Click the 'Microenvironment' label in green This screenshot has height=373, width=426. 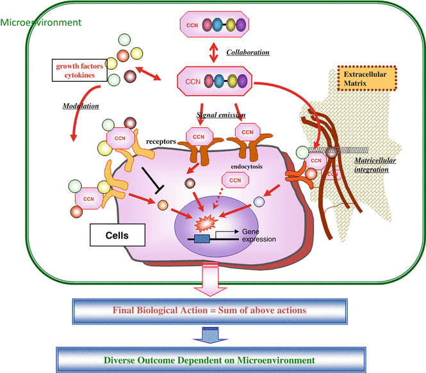pyautogui.click(x=41, y=22)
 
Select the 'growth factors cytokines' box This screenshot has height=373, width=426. pyautogui.click(x=80, y=70)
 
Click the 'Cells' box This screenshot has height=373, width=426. pyautogui.click(x=117, y=235)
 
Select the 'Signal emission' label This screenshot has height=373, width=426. pyautogui.click(x=221, y=116)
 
